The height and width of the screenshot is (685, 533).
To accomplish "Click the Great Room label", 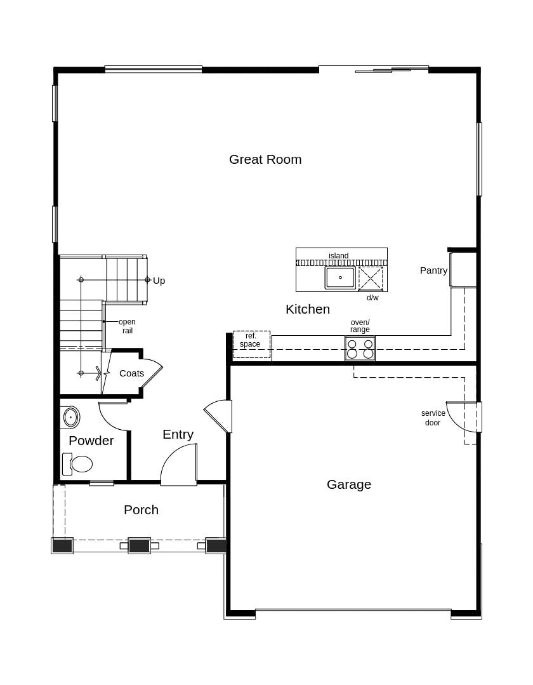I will pos(265,159).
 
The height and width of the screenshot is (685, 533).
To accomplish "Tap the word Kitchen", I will pos(308,309).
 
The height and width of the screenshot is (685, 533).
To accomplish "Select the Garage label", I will pos(349,484).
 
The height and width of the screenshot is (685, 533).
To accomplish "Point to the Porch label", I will pos(141,510).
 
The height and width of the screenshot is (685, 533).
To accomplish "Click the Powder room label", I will pos(91,441).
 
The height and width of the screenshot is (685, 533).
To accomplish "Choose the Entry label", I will pos(178,434).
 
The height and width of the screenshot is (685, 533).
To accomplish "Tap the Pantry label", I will pos(433,270).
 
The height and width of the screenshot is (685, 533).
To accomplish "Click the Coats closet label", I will pos(131,373).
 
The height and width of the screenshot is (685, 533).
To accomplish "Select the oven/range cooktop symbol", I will pos(360,349).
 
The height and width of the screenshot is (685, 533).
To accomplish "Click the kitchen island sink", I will pos(340,277).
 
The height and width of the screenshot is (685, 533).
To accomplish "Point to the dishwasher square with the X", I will pos(371,278).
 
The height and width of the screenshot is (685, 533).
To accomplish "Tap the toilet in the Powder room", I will pos(78,464).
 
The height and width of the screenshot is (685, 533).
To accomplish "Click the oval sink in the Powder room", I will pos(70,417).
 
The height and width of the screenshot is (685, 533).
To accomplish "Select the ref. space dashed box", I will pos(251,344).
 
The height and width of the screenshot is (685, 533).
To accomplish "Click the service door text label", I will pos(433,418).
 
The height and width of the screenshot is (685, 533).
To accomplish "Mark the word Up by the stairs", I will pos(159,281).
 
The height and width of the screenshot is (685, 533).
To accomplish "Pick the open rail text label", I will pos(127,326).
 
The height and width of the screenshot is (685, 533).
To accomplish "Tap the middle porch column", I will pos(139,545).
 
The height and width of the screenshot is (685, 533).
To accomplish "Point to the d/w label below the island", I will pos(372,298).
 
